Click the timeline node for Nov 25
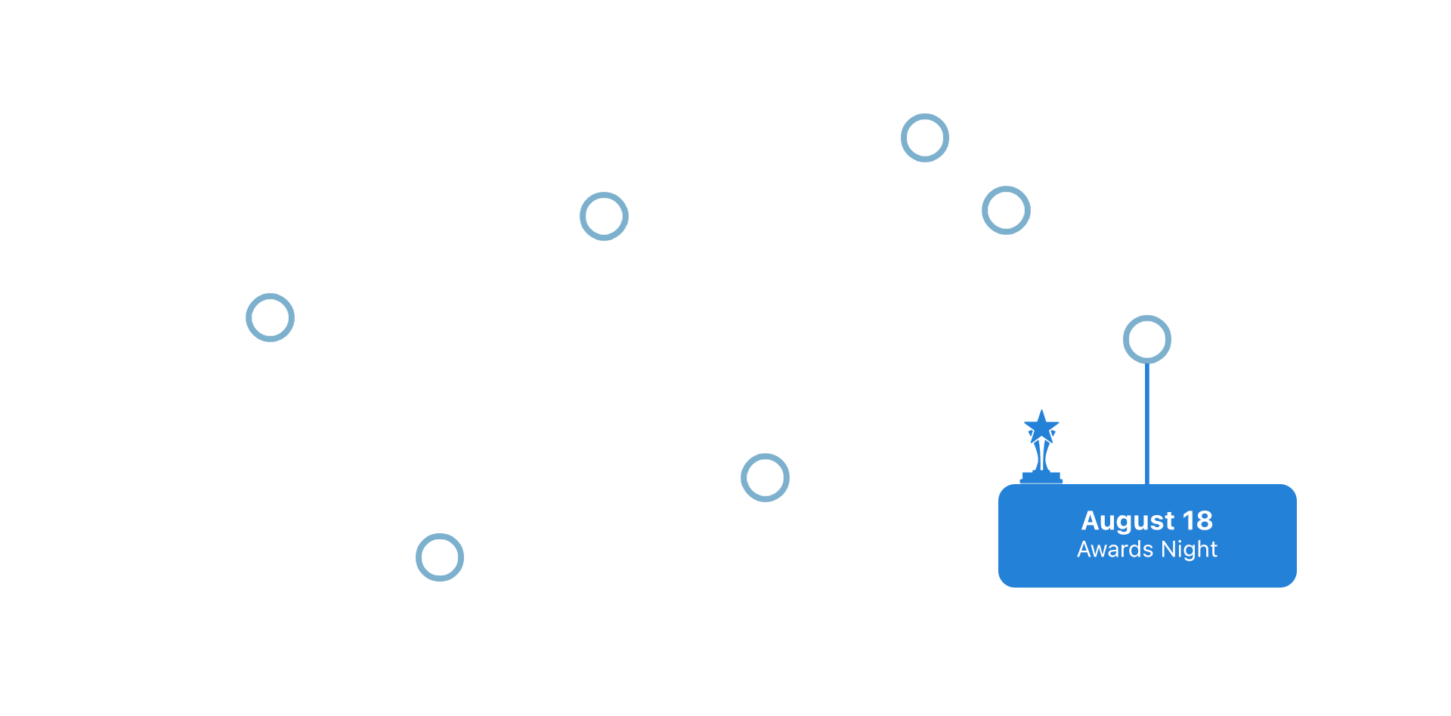coord(270,318)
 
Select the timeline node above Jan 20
coord(440,557)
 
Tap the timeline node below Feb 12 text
coord(604,217)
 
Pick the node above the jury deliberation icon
coord(765,477)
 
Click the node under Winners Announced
coord(924,138)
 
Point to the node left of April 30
coord(1006,210)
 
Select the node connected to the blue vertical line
coord(1146,339)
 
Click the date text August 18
coord(1146,520)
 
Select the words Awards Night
coord(1146,549)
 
